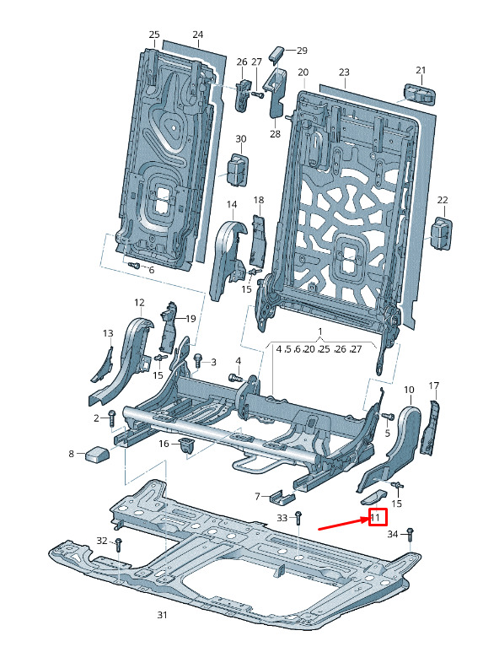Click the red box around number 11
378,517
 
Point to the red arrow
343,524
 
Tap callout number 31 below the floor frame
162,615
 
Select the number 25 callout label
154,34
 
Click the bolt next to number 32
119,544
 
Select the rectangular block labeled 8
97,454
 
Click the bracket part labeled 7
282,497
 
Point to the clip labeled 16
187,445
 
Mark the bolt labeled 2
112,418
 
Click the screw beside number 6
134,265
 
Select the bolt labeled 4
236,378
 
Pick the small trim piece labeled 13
103,365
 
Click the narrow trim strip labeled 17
430,428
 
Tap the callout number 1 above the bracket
320,331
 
